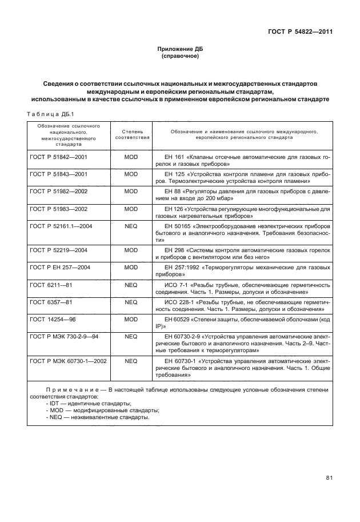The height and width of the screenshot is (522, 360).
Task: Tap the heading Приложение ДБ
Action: (x=180, y=50)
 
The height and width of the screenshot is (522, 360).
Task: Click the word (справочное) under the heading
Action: (x=180, y=57)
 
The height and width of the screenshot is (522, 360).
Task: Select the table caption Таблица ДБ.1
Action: (x=47, y=113)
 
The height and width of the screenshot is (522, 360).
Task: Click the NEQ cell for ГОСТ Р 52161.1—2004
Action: (x=131, y=227)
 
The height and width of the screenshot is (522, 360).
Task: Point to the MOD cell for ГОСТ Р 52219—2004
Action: (x=131, y=250)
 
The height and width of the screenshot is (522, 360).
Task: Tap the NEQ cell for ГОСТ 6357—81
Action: (x=131, y=301)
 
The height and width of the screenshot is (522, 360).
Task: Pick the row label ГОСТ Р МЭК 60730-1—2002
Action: (x=67, y=361)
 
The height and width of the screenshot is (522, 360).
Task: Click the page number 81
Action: (x=329, y=478)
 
